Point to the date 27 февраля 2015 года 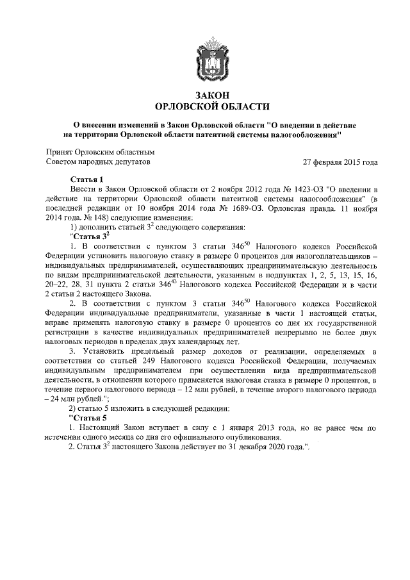(340, 162)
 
